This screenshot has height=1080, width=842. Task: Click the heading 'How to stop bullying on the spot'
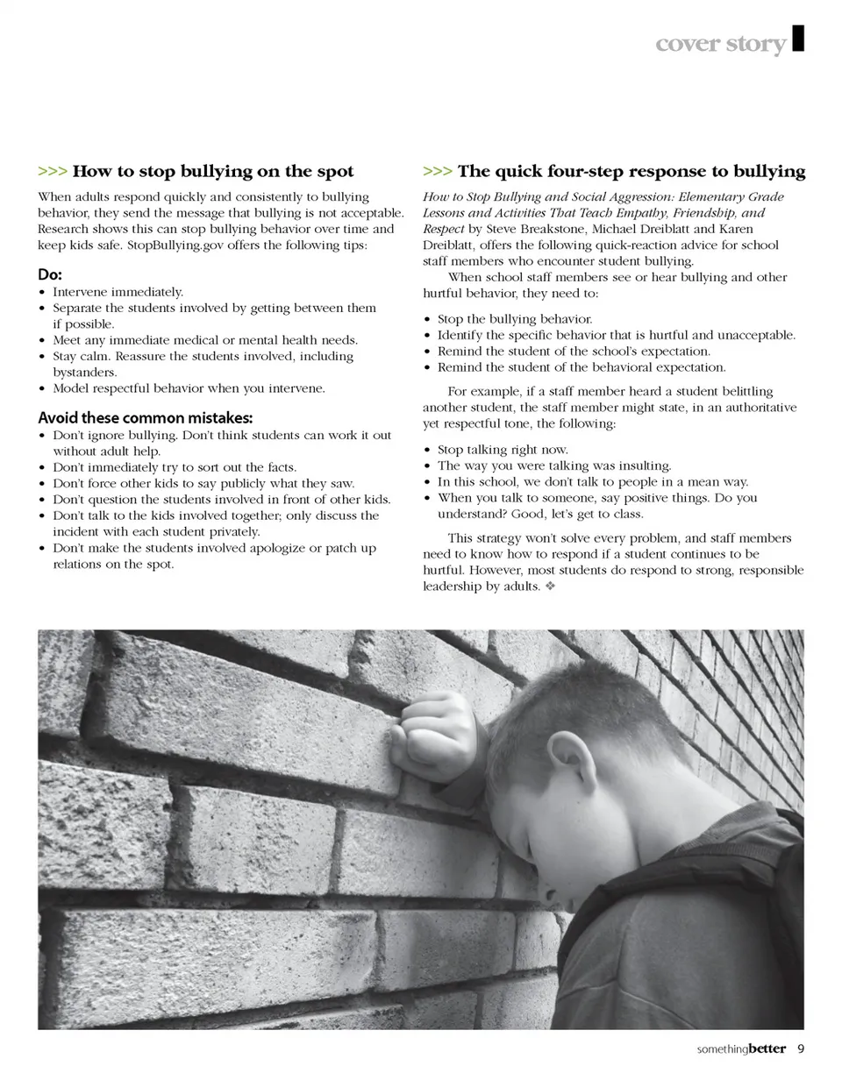(213, 171)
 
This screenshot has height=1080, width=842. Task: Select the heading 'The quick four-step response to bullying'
(631, 171)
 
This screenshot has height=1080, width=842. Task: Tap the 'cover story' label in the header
(721, 44)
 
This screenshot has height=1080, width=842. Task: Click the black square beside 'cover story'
(798, 39)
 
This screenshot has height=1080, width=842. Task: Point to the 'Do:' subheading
(50, 274)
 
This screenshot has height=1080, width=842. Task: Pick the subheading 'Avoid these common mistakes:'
(145, 417)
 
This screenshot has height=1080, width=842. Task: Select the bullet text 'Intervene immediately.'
(118, 292)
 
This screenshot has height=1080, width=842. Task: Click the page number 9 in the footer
(801, 1048)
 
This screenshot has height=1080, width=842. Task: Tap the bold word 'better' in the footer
(767, 1048)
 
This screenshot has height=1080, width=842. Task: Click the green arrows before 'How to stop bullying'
(53, 171)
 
